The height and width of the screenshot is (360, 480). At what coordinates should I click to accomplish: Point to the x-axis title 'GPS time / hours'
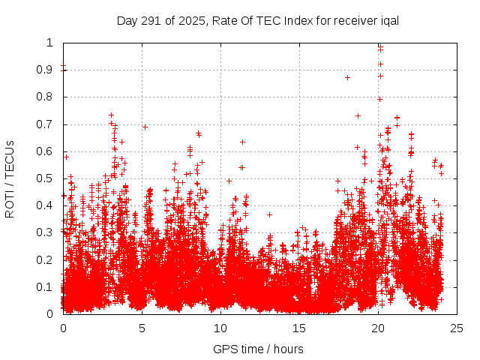258,349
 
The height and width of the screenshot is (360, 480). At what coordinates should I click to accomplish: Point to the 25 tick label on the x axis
457,328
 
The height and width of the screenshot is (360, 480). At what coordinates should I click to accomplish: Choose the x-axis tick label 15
299,328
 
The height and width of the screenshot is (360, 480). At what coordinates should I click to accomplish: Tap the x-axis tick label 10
220,328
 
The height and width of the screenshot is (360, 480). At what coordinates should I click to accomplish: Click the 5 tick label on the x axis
142,328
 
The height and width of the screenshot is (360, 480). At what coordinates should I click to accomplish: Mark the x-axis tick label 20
378,328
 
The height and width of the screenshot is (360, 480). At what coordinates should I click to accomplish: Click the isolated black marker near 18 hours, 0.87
347,77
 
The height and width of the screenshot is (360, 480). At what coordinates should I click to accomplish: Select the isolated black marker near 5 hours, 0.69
145,127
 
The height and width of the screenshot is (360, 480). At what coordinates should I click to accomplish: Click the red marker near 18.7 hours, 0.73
358,115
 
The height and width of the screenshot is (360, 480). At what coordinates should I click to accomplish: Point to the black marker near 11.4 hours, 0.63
242,142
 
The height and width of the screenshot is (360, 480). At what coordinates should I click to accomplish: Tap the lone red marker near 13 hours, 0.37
269,214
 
